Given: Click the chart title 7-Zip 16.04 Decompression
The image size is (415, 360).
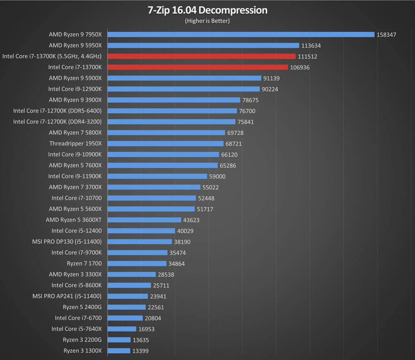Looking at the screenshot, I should [207, 10].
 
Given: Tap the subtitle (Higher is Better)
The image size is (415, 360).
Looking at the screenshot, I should [207, 21].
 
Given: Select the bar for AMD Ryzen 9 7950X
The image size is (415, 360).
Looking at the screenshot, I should [241, 35].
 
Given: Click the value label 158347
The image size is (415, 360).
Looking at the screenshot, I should [386, 35].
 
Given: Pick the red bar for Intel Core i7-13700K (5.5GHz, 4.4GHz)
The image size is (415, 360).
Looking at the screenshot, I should [201, 56].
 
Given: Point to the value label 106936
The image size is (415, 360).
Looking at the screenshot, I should [300, 67].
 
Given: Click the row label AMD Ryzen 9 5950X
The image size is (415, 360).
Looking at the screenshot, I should [75, 45].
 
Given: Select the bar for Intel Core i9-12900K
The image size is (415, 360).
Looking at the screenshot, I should [183, 89].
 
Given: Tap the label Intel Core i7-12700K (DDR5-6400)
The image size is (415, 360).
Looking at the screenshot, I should [57, 111].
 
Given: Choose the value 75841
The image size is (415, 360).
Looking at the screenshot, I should [245, 122].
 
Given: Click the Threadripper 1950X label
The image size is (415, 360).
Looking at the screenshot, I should [76, 143].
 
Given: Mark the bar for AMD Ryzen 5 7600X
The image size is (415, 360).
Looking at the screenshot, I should [162, 165].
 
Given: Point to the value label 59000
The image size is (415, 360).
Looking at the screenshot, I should [217, 176].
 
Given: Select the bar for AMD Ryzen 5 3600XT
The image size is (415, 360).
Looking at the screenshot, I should [144, 220].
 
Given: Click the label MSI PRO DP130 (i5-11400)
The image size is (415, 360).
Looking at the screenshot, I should [67, 242].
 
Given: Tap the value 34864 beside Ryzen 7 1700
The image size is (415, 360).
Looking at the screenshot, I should [177, 264].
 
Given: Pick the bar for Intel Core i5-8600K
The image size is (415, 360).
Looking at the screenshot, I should [129, 285].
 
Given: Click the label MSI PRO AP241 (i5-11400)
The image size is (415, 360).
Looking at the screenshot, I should [67, 296].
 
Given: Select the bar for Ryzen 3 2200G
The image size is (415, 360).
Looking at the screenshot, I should [119, 339].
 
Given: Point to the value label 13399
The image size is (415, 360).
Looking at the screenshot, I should [140, 351].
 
